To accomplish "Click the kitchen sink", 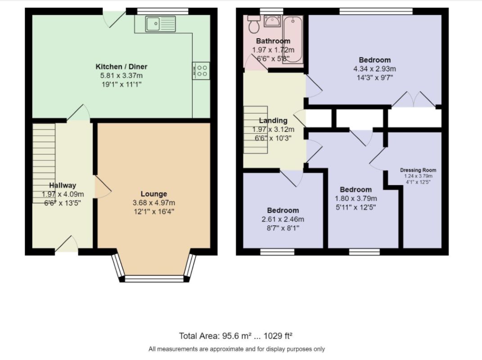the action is (x=161, y=24).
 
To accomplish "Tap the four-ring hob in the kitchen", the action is (x=201, y=71).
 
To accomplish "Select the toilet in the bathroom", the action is (x=254, y=24).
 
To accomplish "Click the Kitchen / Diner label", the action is (x=122, y=67).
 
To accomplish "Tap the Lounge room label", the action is (x=154, y=193).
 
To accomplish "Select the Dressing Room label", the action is (x=418, y=170).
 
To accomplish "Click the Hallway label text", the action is (x=63, y=185).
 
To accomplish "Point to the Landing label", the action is (x=273, y=120).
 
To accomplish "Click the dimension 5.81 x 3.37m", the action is (x=122, y=75).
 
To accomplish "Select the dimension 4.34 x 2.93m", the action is (x=375, y=68).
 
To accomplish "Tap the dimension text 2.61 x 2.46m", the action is (x=283, y=219).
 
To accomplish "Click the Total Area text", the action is (x=235, y=336).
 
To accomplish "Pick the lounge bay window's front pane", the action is (x=154, y=279).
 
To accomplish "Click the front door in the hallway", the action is (x=67, y=245).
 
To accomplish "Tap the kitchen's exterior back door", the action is (x=114, y=19).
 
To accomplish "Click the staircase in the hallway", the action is (x=44, y=163).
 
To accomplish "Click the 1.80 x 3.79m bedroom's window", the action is (x=365, y=252).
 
